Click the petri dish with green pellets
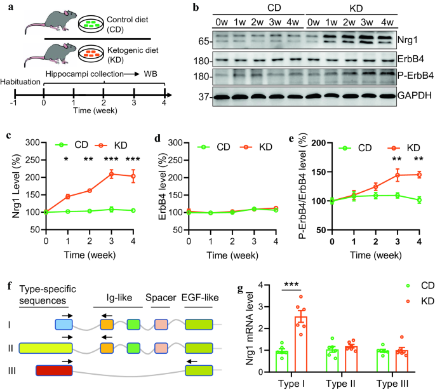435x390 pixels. pyautogui.click(x=93, y=25)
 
